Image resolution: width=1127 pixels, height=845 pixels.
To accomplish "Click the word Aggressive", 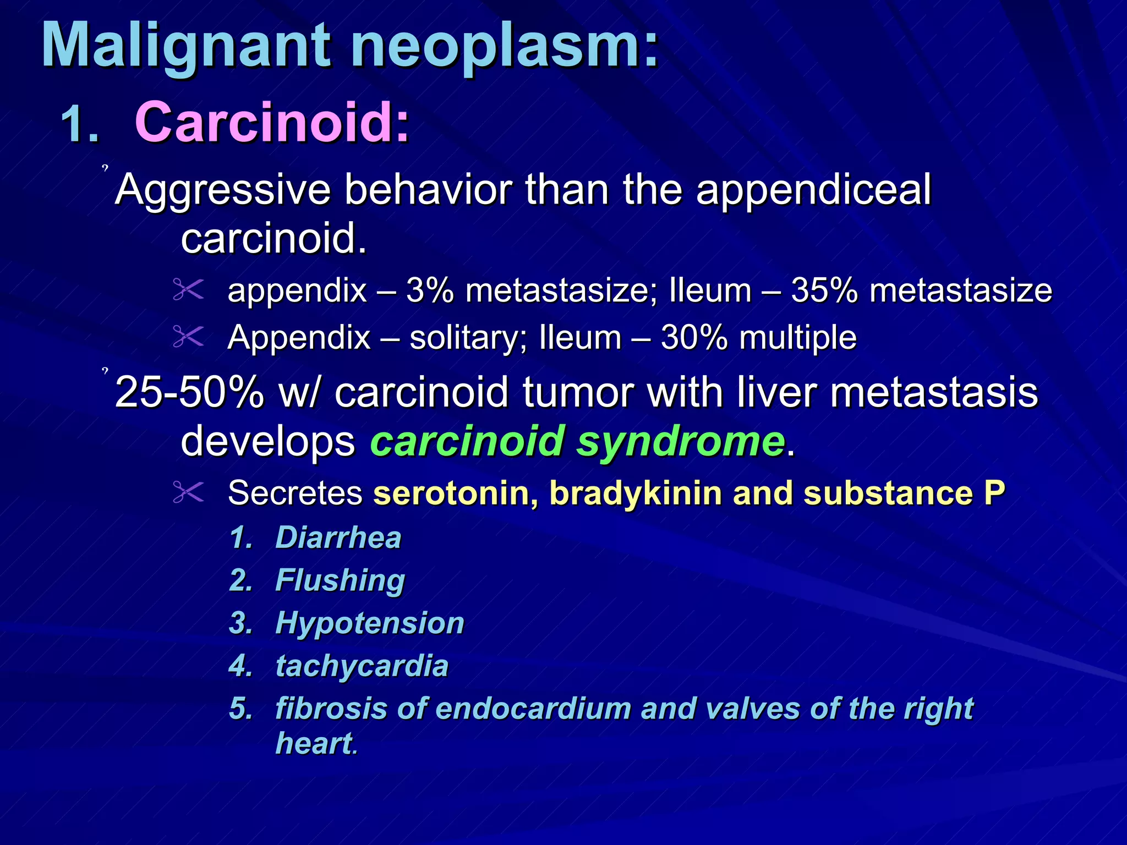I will point(223,190).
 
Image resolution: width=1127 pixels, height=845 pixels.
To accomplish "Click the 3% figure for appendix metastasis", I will point(430,290).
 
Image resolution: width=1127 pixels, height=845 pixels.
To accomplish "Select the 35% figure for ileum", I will point(824,290).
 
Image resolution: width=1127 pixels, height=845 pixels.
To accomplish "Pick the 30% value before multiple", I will point(694,337).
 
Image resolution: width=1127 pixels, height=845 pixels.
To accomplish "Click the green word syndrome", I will point(680,442).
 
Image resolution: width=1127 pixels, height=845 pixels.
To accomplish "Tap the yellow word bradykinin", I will point(636,493).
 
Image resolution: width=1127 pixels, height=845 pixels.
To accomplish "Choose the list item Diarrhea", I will point(338,537).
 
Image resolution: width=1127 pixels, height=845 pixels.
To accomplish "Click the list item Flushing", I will point(340,580).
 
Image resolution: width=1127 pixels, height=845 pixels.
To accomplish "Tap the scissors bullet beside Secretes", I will point(188,492).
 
